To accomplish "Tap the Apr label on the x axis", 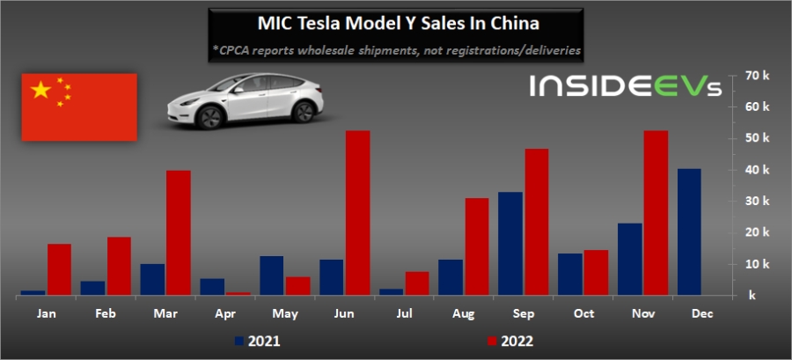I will tap(224, 312).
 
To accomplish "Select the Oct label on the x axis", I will tap(582, 312).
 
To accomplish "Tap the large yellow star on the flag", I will tap(40, 90).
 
